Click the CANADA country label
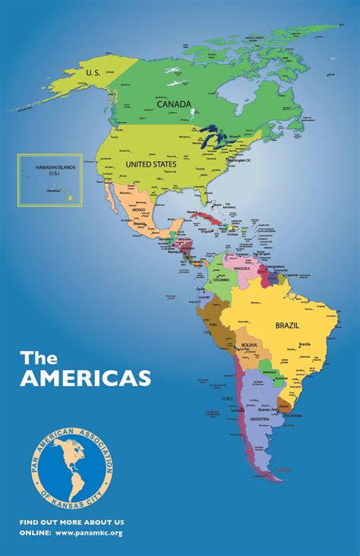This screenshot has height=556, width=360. pos(174,104)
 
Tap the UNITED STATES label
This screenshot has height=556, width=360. pos(150,164)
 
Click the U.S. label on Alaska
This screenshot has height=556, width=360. pos(93,72)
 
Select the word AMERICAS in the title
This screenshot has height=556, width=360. pos(85,378)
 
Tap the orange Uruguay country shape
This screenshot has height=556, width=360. pos(286,403)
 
